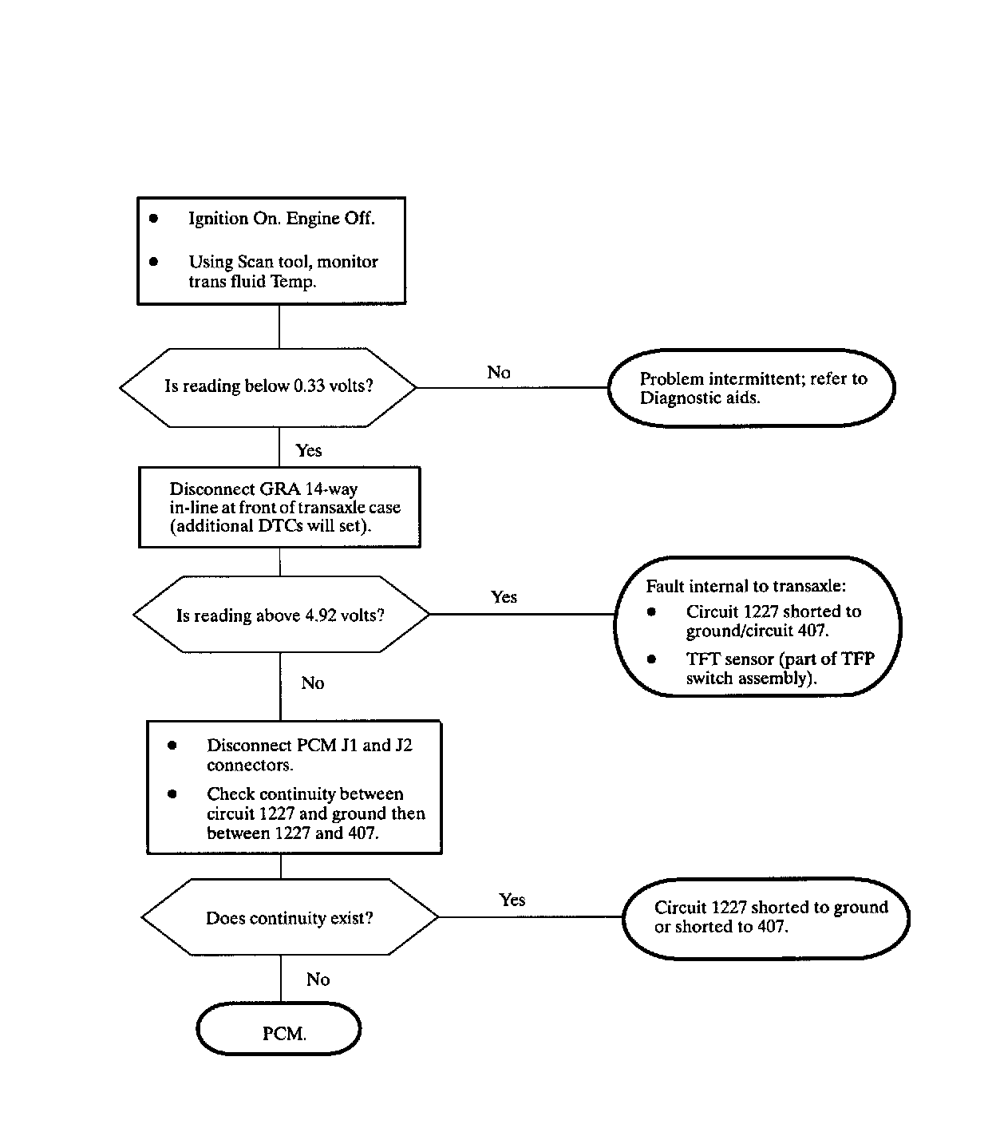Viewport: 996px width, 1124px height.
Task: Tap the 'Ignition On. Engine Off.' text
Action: coord(282,219)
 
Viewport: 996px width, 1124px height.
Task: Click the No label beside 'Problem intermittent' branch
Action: coord(499,372)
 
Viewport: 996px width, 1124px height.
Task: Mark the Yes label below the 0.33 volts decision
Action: coord(308,450)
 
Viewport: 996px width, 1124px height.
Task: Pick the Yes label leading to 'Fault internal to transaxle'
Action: coord(504,597)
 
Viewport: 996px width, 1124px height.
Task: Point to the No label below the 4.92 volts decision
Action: coord(313,683)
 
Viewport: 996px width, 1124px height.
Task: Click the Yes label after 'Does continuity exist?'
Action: coord(512,900)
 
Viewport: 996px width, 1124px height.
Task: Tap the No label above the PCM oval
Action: coord(318,980)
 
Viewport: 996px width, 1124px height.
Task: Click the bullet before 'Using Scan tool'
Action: coord(153,261)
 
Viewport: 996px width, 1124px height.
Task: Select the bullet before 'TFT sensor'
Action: coord(651,659)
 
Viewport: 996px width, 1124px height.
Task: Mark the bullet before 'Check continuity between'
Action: coord(172,794)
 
